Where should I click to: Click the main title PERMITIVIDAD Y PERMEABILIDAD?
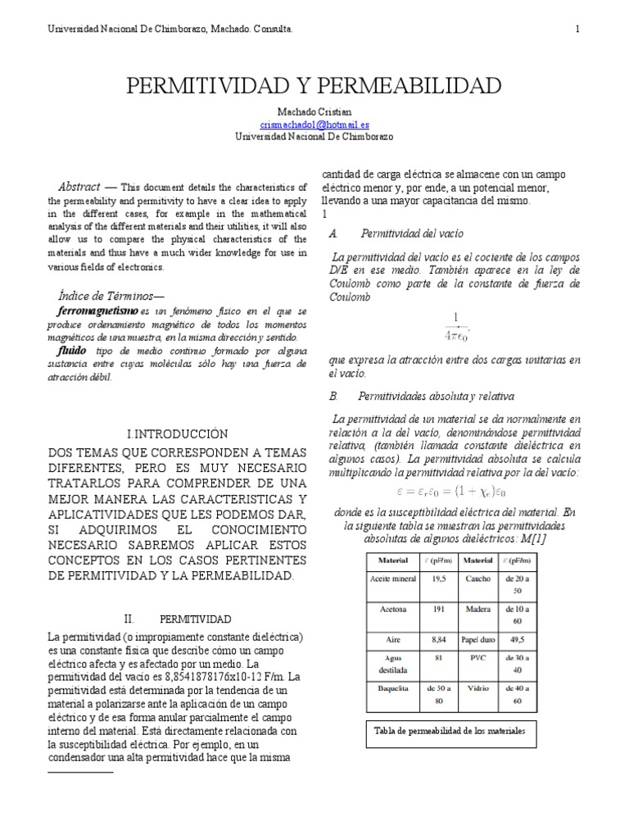[x=314, y=85]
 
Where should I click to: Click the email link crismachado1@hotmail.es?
[x=314, y=125]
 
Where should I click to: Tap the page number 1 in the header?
[x=577, y=29]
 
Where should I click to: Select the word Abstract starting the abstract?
[x=79, y=186]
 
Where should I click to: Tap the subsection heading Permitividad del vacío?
[x=405, y=234]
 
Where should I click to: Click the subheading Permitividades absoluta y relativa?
[x=436, y=396]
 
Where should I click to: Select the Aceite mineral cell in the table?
[x=394, y=577]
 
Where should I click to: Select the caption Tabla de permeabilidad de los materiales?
[x=450, y=730]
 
